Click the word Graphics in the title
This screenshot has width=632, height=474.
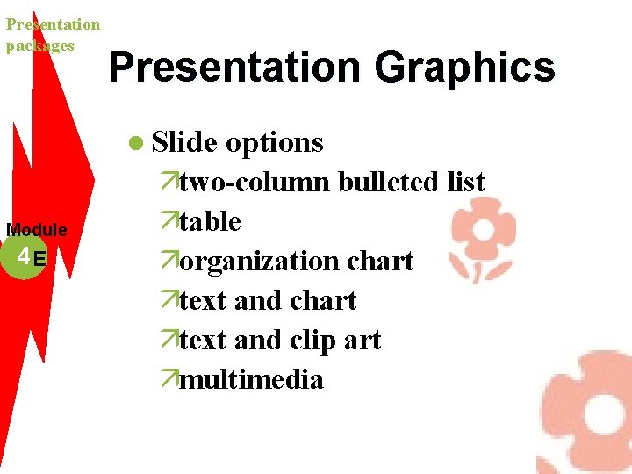coord(464,68)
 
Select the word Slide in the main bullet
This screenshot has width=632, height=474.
coord(184,142)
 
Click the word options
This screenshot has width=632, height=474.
coord(275,142)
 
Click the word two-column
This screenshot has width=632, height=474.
coord(255,182)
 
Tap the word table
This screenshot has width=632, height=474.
coord(210,221)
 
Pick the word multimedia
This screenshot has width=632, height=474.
coord(251,379)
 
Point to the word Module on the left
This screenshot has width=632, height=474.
coord(37,230)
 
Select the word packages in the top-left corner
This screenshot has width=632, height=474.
coord(39,46)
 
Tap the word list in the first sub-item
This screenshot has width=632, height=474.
coord(466,182)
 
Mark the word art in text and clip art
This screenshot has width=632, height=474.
coord(362,340)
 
